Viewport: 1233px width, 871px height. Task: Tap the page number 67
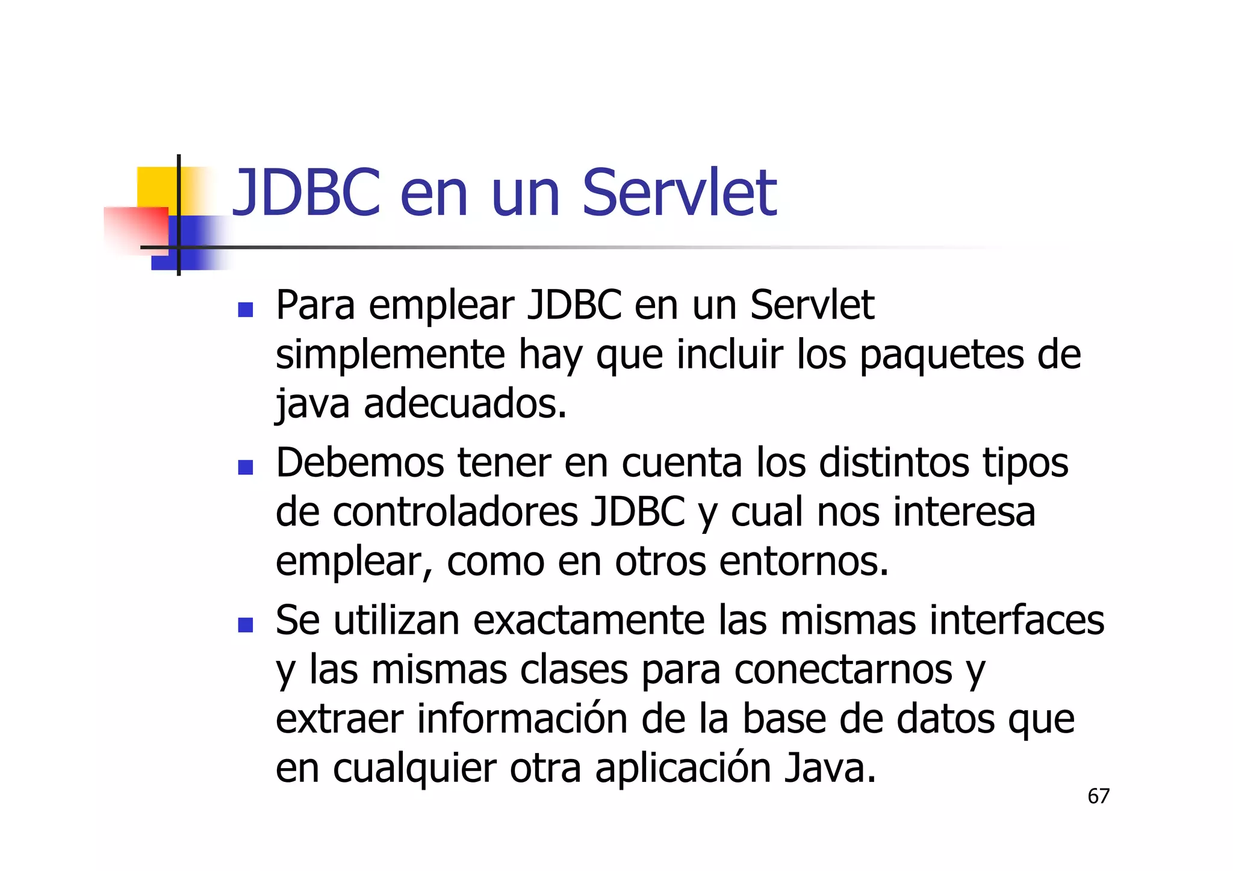[x=1098, y=796]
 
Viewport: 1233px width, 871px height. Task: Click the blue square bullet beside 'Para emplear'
[x=245, y=310]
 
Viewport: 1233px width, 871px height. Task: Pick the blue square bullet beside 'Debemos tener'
[x=245, y=468]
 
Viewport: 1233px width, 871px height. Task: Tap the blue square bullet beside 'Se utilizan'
[x=245, y=625]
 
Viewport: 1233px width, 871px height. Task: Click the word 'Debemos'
[x=359, y=463]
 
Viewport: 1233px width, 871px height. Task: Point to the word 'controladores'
[x=455, y=512]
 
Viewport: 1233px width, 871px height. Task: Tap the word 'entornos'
[x=804, y=562]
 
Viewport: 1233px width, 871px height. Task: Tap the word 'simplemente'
[x=390, y=355]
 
